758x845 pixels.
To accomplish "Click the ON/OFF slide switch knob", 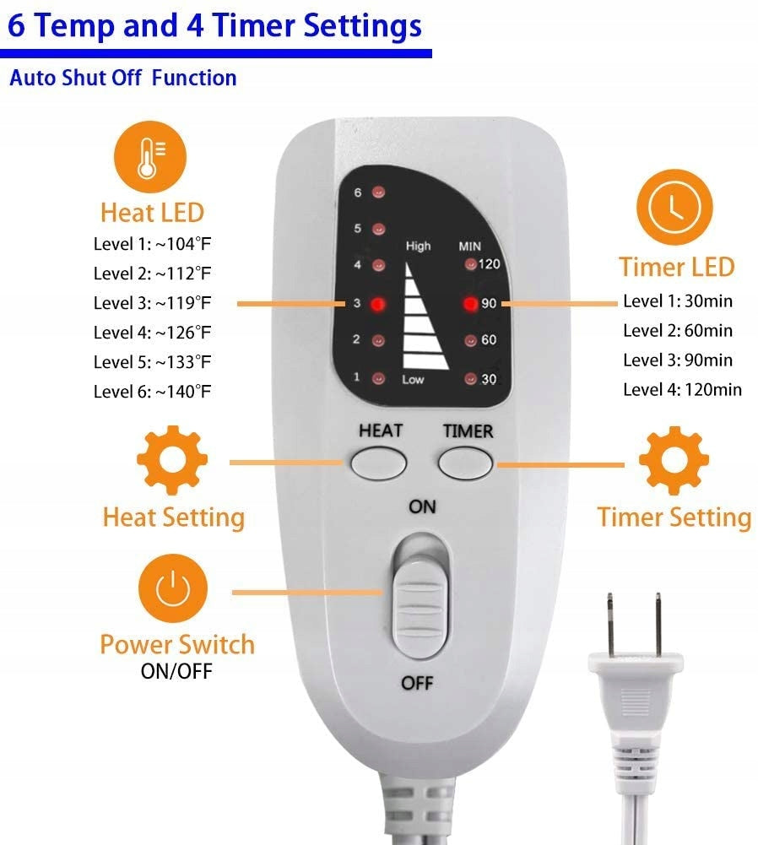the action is pos(420,609).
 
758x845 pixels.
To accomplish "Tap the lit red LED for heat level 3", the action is pos(378,304).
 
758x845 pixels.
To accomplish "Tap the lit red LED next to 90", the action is pos(470,304).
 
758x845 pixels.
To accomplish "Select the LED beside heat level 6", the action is pos(379,192).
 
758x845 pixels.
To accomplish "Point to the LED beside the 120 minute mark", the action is pos(470,264).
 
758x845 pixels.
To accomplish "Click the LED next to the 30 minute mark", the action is pos(470,379).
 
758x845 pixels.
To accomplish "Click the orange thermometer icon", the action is pos(149,157).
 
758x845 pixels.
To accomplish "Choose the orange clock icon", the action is pos(674,208).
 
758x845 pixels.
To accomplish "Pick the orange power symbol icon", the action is pos(173,588).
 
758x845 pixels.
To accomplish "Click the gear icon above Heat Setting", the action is pos(172,460).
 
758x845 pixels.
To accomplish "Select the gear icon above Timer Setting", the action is pos(674,461).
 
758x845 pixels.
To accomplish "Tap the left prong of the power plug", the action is pos(610,624).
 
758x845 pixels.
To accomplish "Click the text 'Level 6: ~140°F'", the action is pos(152,391).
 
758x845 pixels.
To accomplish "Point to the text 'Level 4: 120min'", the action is pos(682,389).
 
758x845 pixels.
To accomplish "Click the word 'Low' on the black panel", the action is pos(413,379).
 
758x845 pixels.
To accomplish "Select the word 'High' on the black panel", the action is pos(418,246).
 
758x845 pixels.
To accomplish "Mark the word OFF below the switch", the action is pos(417,683).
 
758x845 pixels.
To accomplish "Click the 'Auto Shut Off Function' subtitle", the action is pos(123,79).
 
